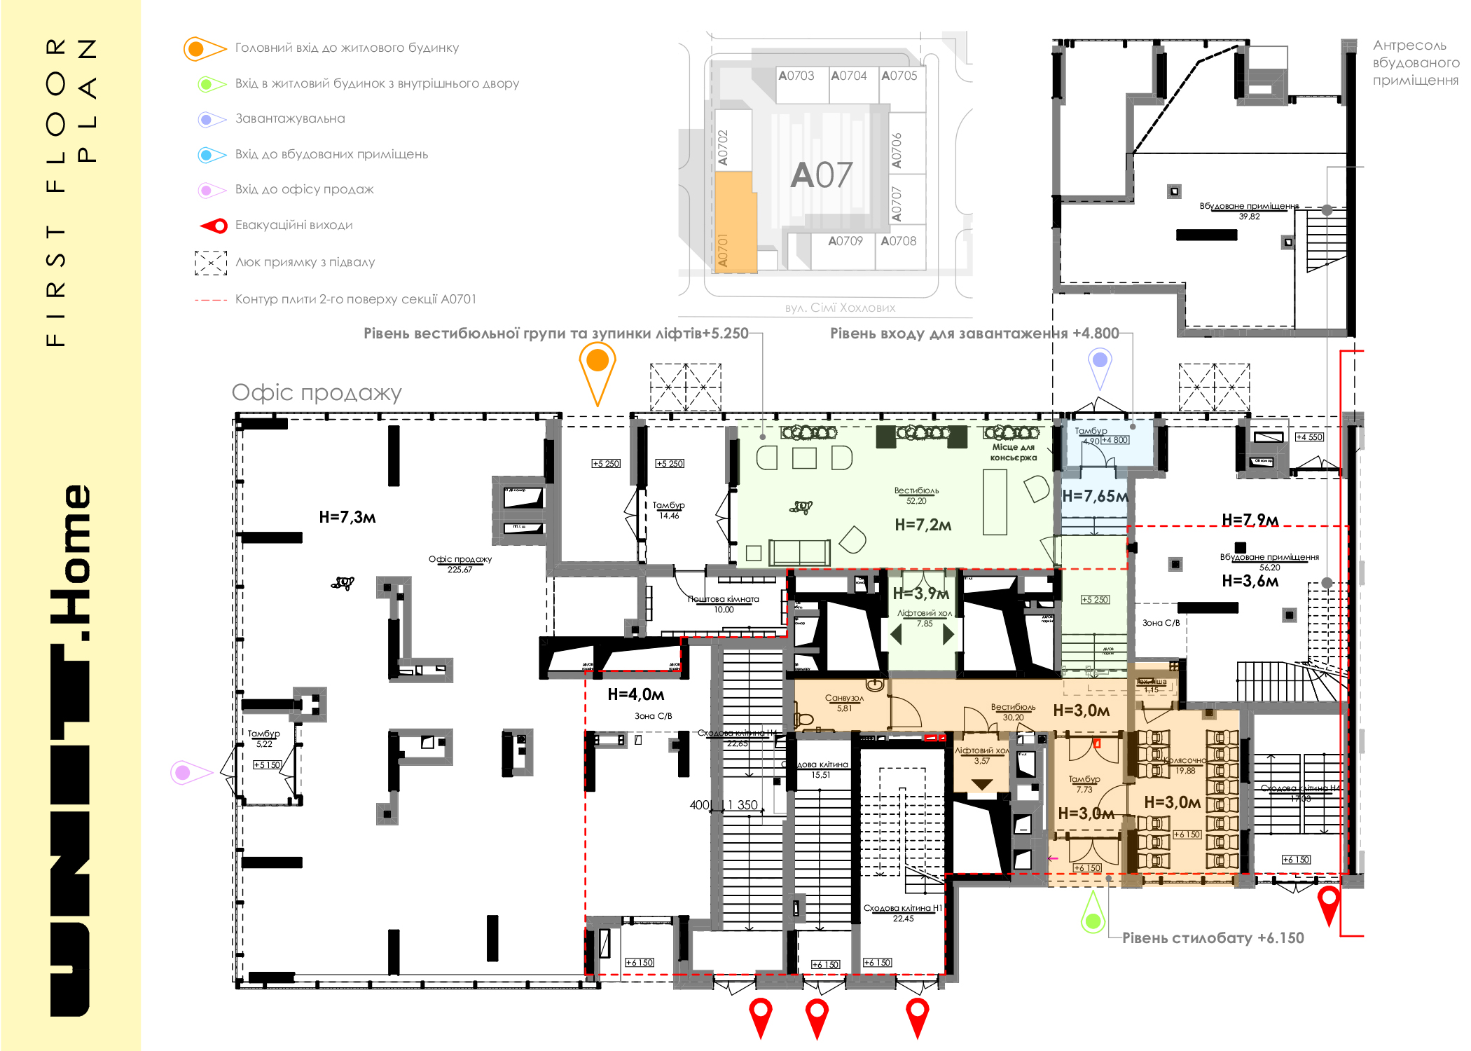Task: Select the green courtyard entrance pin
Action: (1093, 918)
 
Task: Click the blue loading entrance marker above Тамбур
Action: (1100, 362)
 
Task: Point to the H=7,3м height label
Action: (347, 517)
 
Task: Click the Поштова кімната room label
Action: (723, 600)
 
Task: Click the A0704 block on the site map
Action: (848, 76)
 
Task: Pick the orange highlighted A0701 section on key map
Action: (735, 224)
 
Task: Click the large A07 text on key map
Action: (822, 175)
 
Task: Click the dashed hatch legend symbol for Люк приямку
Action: (210, 263)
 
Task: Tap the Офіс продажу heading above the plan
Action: (317, 392)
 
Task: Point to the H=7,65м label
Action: (1095, 496)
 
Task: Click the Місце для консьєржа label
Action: (1013, 452)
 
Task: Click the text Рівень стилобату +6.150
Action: (1213, 937)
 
